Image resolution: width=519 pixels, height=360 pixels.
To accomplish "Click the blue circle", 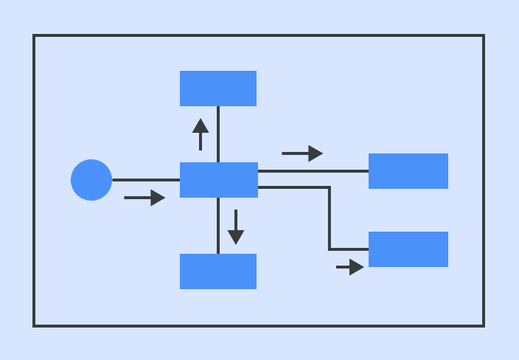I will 91,180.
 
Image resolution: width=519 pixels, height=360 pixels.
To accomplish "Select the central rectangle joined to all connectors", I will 219,180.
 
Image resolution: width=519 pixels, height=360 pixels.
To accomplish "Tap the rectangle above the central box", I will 218,89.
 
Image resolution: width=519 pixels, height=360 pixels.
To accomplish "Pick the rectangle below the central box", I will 218,271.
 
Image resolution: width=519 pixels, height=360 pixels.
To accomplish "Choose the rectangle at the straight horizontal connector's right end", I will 408,171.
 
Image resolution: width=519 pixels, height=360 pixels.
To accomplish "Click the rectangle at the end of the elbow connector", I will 408,249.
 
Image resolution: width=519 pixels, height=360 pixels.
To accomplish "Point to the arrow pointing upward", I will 201,134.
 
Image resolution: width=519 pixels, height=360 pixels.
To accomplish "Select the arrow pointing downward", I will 236,227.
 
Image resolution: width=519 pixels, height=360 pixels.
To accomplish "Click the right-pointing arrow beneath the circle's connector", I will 144,198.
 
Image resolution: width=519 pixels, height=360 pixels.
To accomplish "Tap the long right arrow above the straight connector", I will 302,153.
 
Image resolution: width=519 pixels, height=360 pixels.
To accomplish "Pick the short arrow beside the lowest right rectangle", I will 350,267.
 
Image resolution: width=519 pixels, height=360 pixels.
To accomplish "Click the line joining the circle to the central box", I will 146,180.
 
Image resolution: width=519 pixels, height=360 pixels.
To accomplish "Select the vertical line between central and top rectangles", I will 218,134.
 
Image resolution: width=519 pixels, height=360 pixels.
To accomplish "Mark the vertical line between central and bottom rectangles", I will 218,226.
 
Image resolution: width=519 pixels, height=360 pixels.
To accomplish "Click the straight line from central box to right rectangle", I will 313,171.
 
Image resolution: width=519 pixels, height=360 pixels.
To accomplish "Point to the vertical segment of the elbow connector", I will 330,218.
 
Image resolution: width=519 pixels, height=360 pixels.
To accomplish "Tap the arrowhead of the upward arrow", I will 201,125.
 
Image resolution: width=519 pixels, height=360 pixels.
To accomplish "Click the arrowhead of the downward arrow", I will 236,238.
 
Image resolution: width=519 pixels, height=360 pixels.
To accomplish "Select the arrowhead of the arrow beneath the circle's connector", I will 158,198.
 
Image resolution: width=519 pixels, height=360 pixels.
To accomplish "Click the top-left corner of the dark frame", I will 34,35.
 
